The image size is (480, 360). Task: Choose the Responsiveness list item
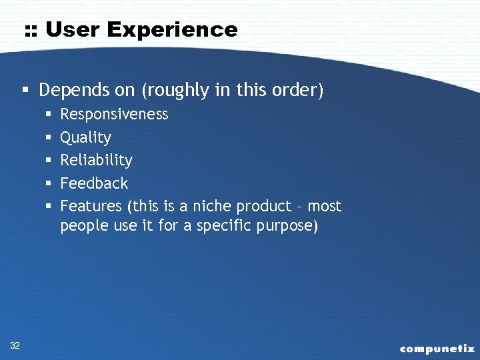(114, 115)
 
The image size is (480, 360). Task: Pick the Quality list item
(85, 138)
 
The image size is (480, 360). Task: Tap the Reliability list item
(96, 161)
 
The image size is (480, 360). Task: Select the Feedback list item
(94, 183)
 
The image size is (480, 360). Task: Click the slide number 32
(15, 345)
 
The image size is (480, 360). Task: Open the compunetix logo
(437, 348)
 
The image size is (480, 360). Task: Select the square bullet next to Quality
(49, 138)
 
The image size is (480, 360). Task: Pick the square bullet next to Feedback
(49, 183)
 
